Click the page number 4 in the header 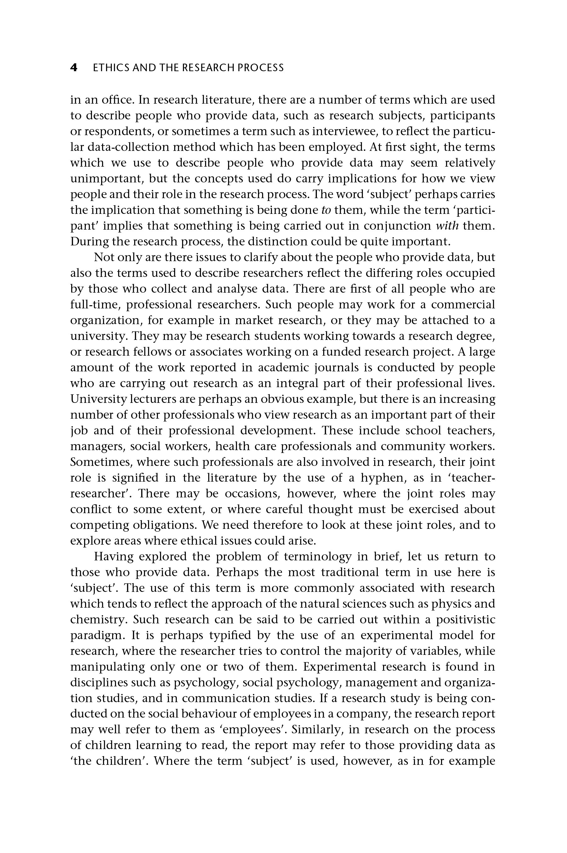[74, 68]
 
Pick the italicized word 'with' [447, 226]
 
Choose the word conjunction [397, 226]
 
